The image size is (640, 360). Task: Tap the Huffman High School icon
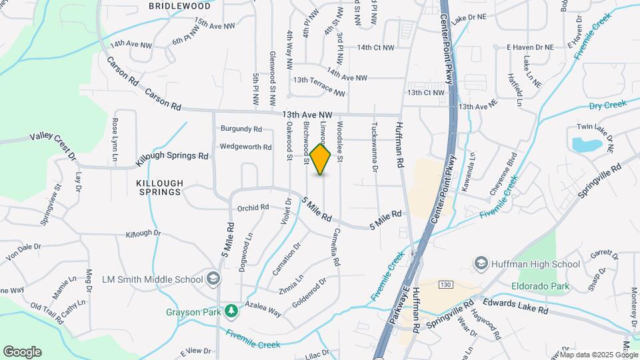tap(480, 264)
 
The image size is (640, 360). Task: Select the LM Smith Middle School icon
tap(213, 279)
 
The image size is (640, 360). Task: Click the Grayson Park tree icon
tap(231, 311)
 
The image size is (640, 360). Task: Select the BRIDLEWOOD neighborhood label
tap(179, 5)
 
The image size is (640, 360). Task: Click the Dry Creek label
tap(607, 105)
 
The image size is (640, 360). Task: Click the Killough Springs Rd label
tap(172, 158)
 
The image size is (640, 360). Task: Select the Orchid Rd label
tap(253, 207)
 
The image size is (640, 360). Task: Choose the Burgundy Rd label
tap(241, 128)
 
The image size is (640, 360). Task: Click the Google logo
tap(22, 351)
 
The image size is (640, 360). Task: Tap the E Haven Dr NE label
tap(530, 47)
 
